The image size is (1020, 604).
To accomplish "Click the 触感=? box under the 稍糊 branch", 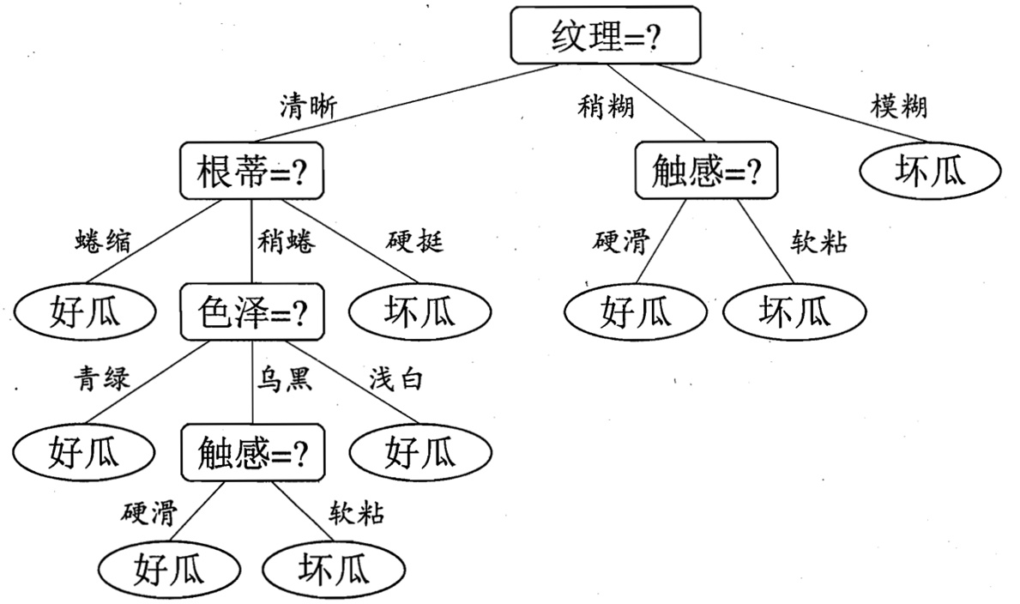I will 706,172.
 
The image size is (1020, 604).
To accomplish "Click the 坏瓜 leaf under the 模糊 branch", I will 930,172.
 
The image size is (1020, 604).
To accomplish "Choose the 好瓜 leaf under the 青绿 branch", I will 84,450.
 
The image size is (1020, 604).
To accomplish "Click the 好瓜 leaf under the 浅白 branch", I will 420,450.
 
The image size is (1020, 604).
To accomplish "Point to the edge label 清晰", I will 308,106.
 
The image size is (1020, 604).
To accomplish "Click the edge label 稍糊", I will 606,106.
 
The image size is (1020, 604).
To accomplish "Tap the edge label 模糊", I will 897,106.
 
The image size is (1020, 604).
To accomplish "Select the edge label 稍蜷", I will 286,243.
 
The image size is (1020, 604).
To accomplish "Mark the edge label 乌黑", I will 285,378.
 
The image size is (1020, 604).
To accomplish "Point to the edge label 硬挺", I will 415,243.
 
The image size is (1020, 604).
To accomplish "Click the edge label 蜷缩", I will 103,243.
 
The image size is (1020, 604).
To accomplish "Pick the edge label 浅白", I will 395,378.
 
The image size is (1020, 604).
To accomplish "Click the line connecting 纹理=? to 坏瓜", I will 789,101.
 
